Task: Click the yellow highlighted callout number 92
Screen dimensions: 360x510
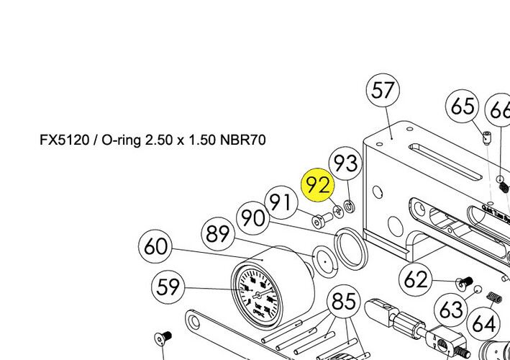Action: pos(318,184)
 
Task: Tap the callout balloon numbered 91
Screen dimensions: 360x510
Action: pos(283,202)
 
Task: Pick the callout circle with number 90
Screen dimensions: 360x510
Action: pos(253,217)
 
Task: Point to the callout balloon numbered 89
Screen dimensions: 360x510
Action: pos(218,234)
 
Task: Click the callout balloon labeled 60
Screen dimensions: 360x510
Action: pos(155,247)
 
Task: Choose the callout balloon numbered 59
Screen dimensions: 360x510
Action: pos(168,287)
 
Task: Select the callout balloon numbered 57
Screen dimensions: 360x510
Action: pos(383,91)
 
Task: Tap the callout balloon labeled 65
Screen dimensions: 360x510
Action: pos(463,107)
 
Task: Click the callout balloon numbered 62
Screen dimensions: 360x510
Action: pos(416,279)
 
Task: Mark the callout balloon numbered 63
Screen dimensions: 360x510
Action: pos(451,310)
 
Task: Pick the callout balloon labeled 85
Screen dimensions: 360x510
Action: pos(344,301)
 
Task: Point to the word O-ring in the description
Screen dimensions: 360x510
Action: pos(122,140)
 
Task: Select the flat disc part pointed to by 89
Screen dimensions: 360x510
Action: pos(324,260)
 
